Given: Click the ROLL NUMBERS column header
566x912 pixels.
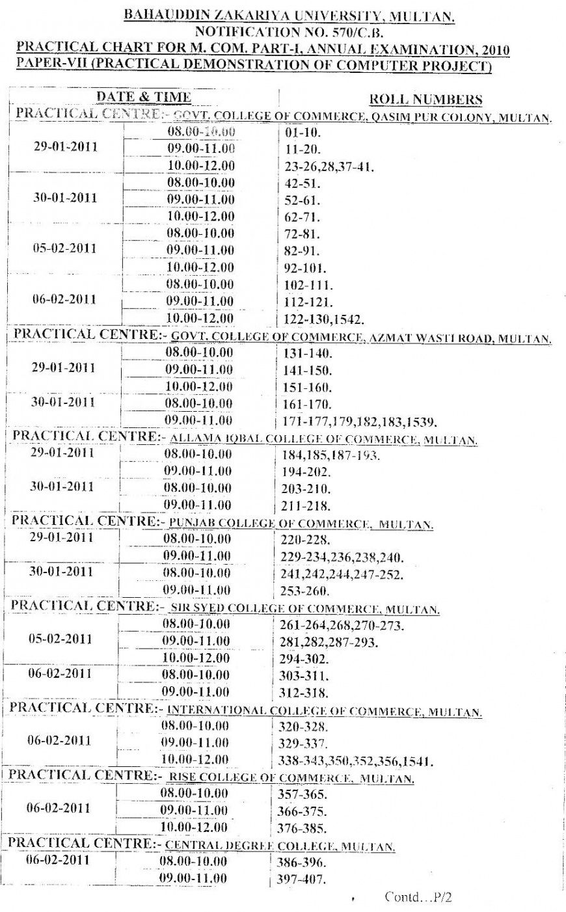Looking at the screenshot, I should [425, 100].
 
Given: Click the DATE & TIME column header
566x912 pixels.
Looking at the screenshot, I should [144, 97].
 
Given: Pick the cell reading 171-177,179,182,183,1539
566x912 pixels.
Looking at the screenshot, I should [360, 420].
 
